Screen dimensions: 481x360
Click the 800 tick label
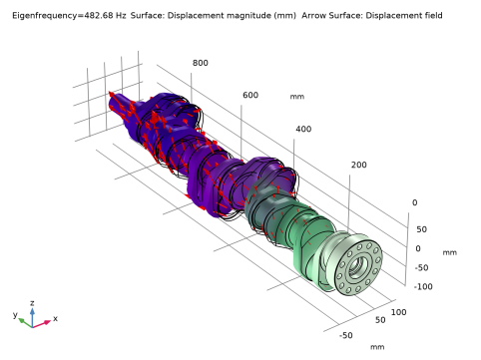coord(201,63)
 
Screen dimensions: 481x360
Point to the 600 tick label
coord(250,95)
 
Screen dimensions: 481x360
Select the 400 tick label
coord(303,129)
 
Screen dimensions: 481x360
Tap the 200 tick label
coord(359,165)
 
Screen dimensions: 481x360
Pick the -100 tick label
coord(423,286)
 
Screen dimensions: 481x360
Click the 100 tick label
coord(398,312)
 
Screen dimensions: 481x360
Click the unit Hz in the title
coord(121,16)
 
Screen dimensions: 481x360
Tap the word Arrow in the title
coord(313,16)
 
